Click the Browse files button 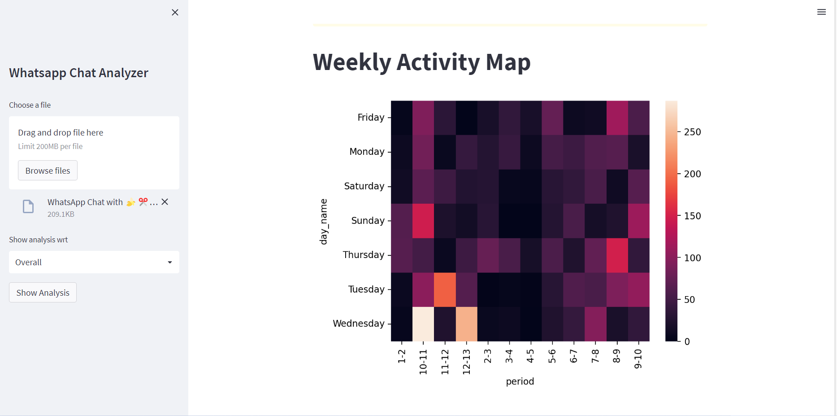[48, 171]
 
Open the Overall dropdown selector [94, 262]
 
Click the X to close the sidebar [175, 13]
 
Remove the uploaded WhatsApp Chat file [165, 202]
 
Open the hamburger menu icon [821, 12]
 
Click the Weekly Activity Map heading [421, 62]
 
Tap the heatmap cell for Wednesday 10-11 [423, 324]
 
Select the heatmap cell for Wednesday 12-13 [466, 324]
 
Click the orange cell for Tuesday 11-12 [445, 289]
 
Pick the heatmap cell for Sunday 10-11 [423, 221]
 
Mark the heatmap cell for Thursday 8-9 [617, 255]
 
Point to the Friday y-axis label [371, 118]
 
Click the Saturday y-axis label [364, 186]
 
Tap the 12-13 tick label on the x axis [466, 362]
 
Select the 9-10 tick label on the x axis [638, 359]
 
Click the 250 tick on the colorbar [692, 132]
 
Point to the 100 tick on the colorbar [692, 258]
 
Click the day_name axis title [323, 222]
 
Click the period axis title [520, 381]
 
